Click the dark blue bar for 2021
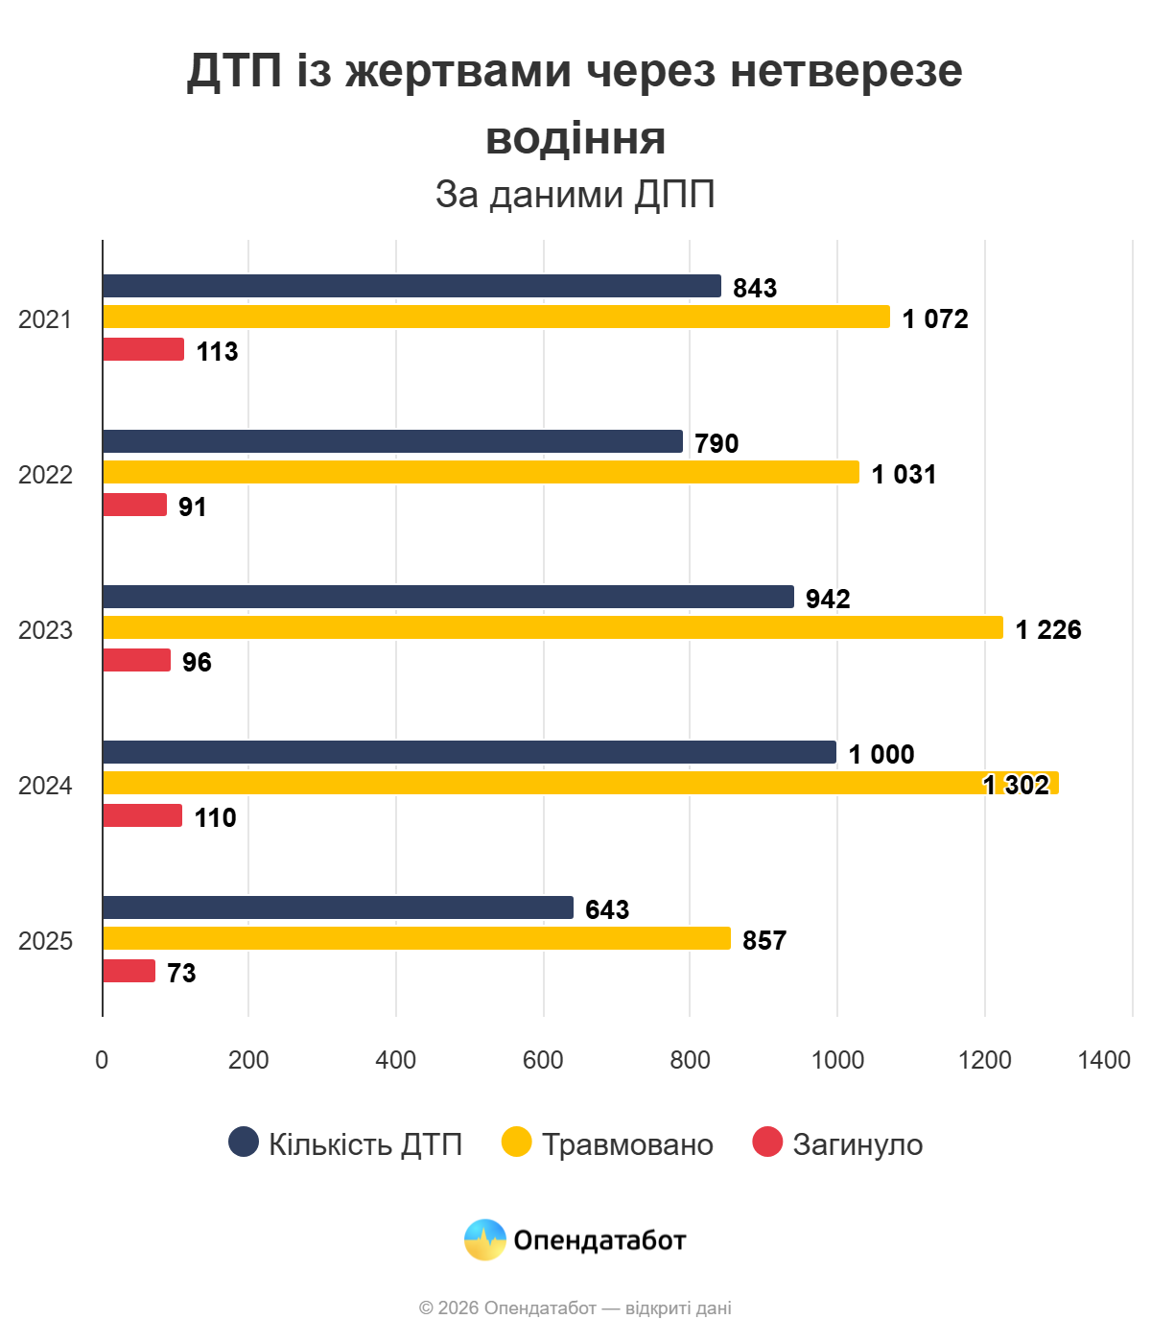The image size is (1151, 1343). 411,286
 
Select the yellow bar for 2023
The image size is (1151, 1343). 552,627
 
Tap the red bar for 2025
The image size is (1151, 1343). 129,971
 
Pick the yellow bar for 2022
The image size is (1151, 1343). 481,472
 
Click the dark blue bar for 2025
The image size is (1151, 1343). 338,907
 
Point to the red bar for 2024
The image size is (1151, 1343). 142,815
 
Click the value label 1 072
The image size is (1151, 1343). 935,318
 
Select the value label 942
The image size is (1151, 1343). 828,599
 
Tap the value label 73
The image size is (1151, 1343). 181,973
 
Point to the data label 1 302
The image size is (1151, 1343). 1017,785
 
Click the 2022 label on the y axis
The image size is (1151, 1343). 45,475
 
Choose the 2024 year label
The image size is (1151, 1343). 45,786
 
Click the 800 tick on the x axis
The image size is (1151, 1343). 690,1060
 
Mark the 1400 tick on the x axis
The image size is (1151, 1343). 1104,1060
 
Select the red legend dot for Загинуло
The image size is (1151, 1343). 767,1142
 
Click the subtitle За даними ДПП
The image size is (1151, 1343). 575,194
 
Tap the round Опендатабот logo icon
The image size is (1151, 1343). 485,1239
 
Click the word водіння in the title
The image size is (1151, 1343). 575,138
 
